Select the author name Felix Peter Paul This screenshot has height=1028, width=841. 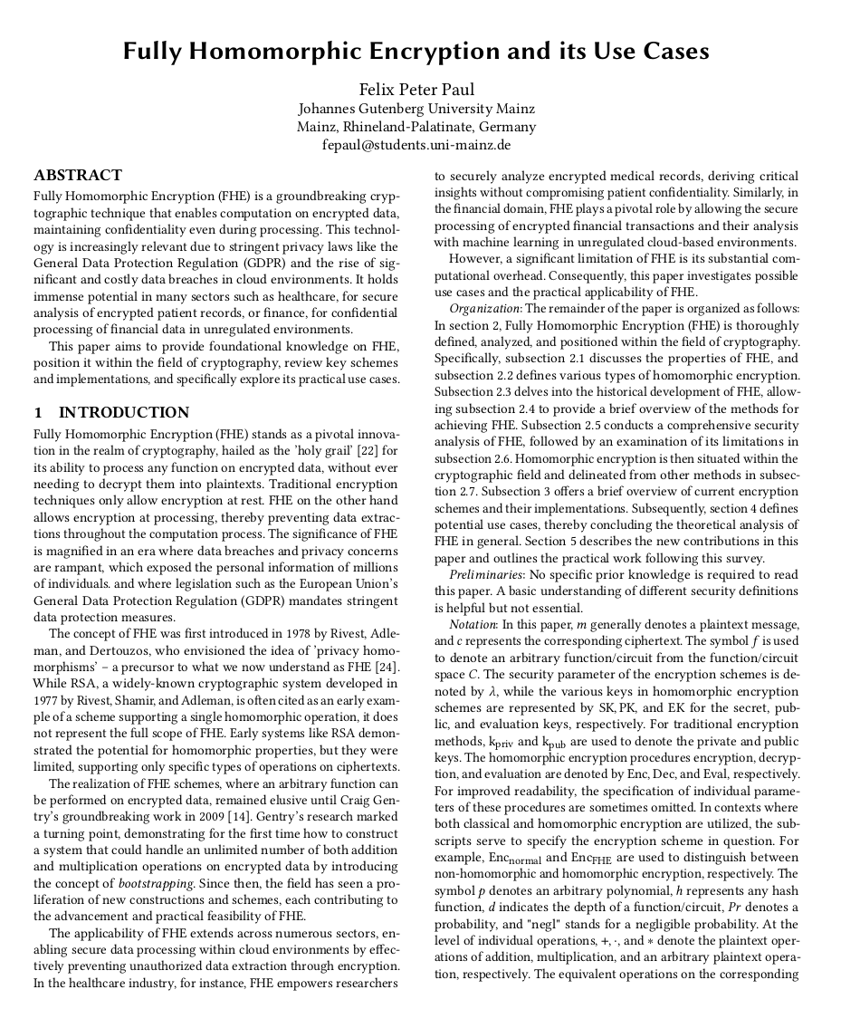point(416,90)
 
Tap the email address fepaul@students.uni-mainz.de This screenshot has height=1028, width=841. point(416,145)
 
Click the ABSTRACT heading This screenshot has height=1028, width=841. point(78,176)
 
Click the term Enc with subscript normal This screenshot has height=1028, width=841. point(514,859)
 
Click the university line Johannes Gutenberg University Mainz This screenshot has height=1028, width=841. point(416,109)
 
